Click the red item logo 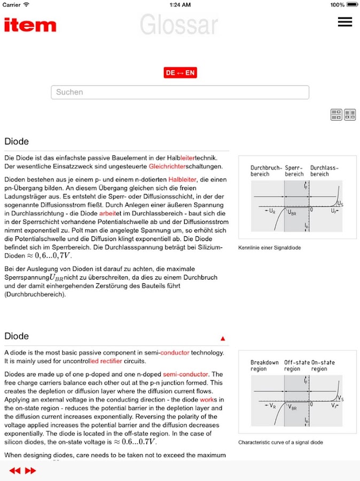point(30,25)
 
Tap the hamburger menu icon point(345,22)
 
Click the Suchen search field point(180,92)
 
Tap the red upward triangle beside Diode point(223,338)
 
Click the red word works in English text point(207,399)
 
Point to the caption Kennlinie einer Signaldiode point(269,248)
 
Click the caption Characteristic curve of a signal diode point(280,443)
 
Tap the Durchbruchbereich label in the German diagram point(266,170)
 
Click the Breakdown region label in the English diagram point(265,366)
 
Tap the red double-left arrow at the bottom point(15,471)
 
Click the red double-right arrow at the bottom point(30,471)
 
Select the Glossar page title point(179,25)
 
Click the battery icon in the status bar point(353,5)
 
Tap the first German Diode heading point(17,142)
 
